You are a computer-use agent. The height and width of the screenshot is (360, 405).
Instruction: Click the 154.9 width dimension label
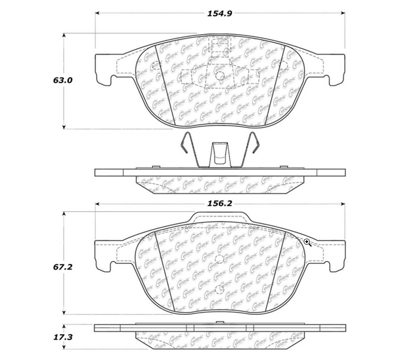coord(219,14)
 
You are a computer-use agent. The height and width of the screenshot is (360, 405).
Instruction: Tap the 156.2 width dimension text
coord(220,204)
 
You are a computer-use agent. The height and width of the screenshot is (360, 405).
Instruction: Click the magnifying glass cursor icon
coord(307,243)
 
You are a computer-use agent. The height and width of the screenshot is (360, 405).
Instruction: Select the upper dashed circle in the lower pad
coord(219,260)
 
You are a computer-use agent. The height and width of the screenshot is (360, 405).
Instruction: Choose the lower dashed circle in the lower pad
coord(219,289)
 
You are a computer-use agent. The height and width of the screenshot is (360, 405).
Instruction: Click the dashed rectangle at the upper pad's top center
coord(219,47)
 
